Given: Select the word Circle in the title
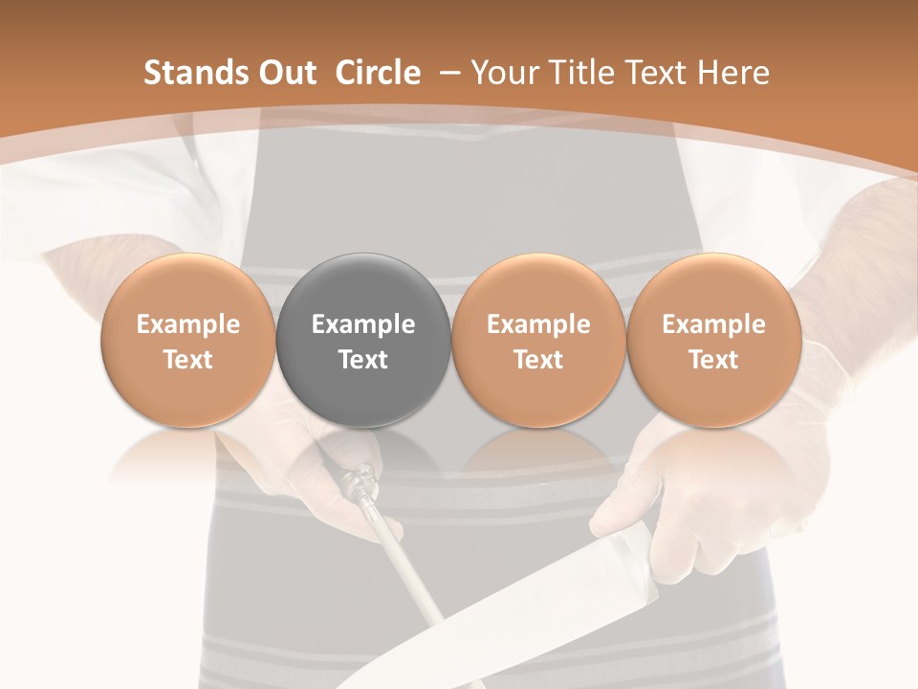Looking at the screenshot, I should click(378, 73).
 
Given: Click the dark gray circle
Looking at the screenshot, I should click(363, 341).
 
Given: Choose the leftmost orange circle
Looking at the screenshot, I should click(187, 341).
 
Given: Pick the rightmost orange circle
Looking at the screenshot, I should click(713, 341).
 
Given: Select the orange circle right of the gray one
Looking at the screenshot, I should click(538, 341).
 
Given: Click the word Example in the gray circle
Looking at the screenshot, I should click(363, 324).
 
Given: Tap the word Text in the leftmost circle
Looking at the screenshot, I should click(187, 360).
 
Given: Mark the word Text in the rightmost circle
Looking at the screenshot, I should click(713, 360).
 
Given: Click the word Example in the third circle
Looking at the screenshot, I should click(538, 324).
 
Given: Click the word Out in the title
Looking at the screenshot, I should click(289, 73).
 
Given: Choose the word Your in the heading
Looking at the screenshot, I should click(504, 73).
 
